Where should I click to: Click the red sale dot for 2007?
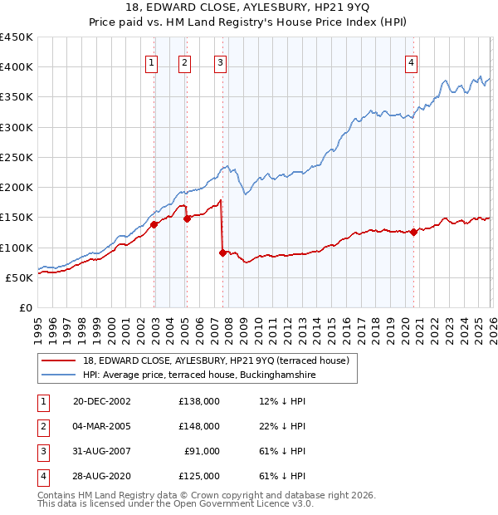(x=223, y=253)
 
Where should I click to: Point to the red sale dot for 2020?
(x=413, y=233)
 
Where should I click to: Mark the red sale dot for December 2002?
(x=154, y=223)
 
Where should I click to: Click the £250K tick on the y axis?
(x=16, y=157)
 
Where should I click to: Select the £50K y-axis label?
(x=19, y=277)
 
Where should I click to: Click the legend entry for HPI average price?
(x=193, y=375)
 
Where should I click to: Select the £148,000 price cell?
(x=199, y=426)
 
